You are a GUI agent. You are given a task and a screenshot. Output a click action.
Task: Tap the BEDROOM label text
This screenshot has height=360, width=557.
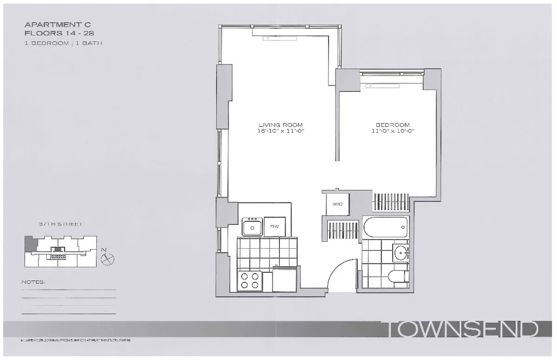(x=393, y=124)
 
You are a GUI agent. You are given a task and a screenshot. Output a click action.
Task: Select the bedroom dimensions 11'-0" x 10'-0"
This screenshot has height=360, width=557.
(x=393, y=131)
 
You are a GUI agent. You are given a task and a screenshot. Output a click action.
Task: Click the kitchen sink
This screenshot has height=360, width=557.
(x=253, y=227)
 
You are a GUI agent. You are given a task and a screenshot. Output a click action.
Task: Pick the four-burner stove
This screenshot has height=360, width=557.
(x=250, y=281)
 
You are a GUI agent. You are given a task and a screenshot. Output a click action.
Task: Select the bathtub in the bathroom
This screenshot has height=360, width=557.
(x=386, y=228)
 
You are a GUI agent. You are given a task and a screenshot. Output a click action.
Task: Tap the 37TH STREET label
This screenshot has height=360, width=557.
(x=60, y=224)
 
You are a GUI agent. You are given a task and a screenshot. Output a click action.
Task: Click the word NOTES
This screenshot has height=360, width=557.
(x=33, y=282)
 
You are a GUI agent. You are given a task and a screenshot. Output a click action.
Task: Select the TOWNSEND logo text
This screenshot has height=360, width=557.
(x=462, y=330)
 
